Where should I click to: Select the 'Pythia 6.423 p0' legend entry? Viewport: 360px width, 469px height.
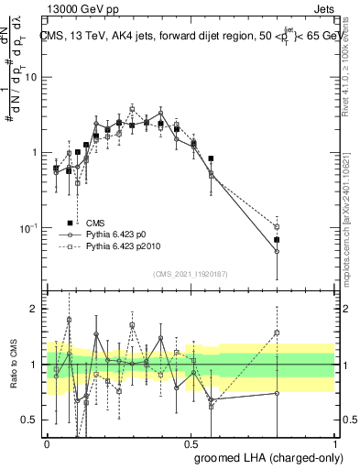pos(119,234)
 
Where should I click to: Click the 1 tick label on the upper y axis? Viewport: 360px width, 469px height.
pos(36,152)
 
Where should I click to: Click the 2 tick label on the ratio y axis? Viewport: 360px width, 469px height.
pos(36,309)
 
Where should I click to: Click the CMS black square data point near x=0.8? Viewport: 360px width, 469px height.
pos(277,240)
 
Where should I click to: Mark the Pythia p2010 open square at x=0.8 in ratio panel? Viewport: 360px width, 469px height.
pos(277,333)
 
